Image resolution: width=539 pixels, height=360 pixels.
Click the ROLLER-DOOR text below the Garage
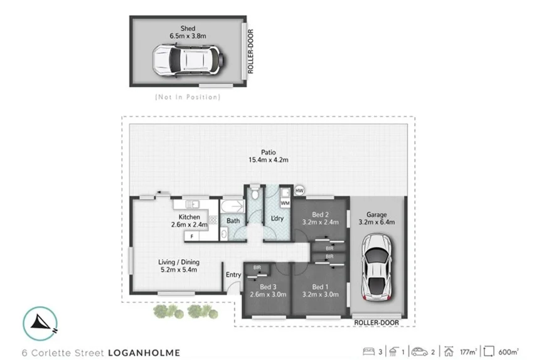(x=376, y=322)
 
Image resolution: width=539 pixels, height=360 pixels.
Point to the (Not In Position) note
(x=187, y=97)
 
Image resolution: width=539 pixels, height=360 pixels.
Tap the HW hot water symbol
(x=299, y=191)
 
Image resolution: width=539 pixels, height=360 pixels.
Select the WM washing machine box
(x=286, y=203)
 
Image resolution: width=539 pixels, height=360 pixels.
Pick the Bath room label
(x=233, y=221)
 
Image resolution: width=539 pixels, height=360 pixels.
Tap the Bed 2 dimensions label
(x=324, y=218)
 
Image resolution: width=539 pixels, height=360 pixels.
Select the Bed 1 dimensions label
(x=324, y=290)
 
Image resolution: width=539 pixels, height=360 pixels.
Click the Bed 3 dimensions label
(x=268, y=290)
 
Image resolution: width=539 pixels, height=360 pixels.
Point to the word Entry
(x=233, y=274)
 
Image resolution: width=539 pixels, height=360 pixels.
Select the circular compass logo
(x=39, y=322)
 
